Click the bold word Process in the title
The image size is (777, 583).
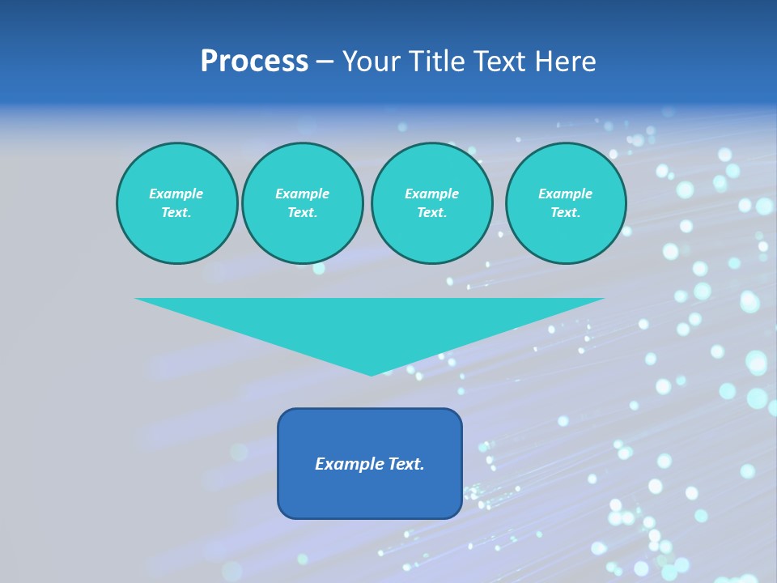point(254,62)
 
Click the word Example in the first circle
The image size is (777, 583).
point(176,194)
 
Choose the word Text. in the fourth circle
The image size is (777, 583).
point(565,213)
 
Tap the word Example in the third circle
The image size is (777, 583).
point(431,194)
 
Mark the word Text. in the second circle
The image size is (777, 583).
point(302,213)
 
